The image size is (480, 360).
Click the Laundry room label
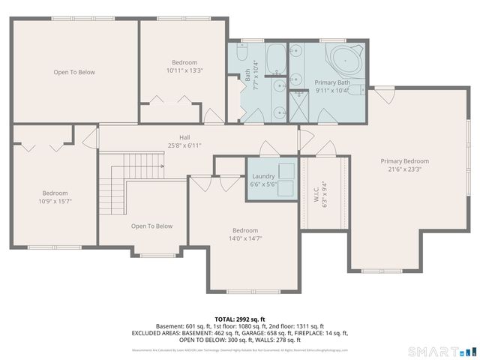(x=263, y=175)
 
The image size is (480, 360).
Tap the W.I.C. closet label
(x=316, y=193)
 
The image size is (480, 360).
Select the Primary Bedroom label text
(x=404, y=161)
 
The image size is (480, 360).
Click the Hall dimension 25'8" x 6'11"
(x=184, y=145)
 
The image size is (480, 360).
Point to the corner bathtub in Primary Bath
(x=346, y=58)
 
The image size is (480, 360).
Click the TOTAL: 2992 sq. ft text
(x=239, y=319)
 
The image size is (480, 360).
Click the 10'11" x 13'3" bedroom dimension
(x=184, y=70)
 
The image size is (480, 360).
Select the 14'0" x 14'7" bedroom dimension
(x=245, y=238)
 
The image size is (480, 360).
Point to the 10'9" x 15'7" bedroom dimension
(x=55, y=200)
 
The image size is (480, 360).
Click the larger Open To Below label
(x=74, y=72)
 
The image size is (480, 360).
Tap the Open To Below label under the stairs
(x=151, y=226)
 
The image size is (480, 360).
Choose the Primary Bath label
(x=332, y=82)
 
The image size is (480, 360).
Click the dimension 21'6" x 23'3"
(x=404, y=169)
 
